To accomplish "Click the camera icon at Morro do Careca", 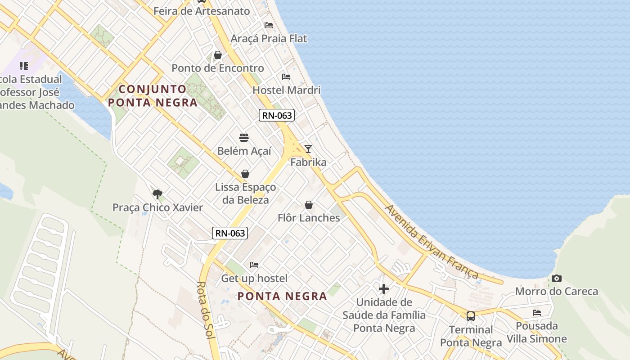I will pos(557,279).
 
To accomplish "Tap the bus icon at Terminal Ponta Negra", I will pos(470,316).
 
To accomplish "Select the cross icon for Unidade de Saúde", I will pos(384,288).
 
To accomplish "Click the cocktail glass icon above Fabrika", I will pos(308,149).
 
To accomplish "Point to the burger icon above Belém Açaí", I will pos(244,138).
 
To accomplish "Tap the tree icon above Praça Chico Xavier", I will pos(157,194).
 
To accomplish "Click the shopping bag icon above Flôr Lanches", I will pos(309,205).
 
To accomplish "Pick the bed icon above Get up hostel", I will pos(254,265).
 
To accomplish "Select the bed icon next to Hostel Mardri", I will pos(286,77).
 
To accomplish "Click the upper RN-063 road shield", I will pos(277,115).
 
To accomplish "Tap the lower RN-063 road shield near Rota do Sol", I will pos(230,233).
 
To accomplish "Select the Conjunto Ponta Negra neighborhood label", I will pos(153,96).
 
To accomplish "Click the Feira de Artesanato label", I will pos(202,11).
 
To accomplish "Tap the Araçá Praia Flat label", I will pos(269,39).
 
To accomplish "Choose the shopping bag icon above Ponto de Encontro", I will pos(218,55).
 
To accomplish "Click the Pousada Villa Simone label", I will pos(537,332).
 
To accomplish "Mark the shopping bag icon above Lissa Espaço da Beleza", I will pos(245,174).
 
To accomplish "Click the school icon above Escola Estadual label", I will pos(24,67).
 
